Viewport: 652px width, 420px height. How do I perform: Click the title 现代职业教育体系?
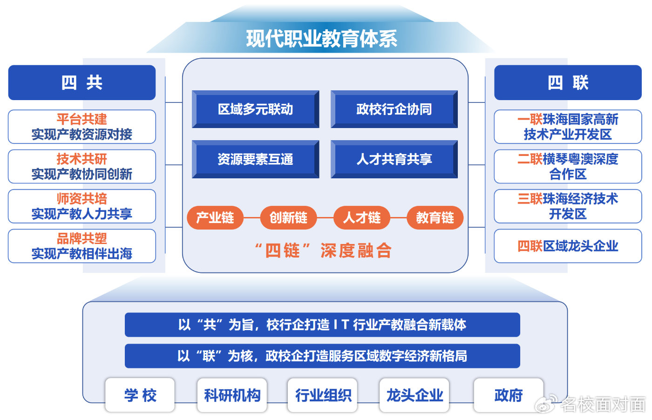point(322,39)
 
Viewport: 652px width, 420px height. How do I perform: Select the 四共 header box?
point(82,83)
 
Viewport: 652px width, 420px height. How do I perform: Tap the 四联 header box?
point(568,83)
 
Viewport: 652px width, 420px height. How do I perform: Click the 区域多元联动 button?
point(256,109)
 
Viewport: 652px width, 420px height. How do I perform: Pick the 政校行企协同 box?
point(394,109)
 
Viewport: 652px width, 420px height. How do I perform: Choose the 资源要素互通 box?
point(256,159)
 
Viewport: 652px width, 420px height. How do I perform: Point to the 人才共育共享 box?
point(394,159)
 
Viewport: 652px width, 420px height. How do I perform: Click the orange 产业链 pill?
point(215,218)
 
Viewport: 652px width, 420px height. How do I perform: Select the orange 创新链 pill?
point(288,218)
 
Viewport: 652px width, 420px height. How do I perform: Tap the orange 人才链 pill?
point(362,218)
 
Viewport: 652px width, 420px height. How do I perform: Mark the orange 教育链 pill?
point(435,218)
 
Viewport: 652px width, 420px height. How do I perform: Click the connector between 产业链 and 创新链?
point(252,218)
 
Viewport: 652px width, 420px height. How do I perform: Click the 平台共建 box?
point(82,127)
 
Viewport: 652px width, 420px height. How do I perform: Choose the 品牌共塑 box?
point(82,246)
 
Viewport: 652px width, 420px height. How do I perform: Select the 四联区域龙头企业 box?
point(568,246)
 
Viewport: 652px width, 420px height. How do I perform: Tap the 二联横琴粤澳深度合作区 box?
point(568,167)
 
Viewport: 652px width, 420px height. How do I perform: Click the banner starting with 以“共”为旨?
point(322,325)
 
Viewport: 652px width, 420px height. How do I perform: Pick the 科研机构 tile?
point(232,395)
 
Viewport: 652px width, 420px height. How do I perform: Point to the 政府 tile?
point(509,395)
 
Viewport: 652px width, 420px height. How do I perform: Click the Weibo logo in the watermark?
point(546,404)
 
